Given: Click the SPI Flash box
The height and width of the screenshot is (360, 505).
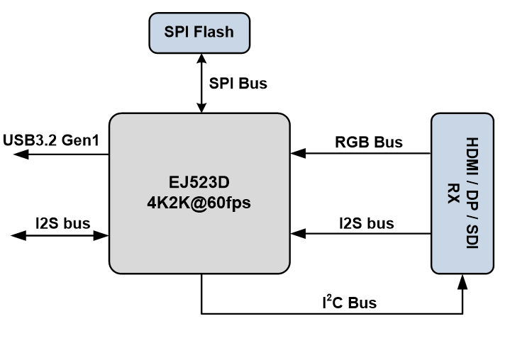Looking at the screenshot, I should click(x=199, y=31).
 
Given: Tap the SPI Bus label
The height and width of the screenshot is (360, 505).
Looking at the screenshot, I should click(x=238, y=84).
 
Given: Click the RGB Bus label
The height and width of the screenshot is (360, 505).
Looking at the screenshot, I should click(x=368, y=142).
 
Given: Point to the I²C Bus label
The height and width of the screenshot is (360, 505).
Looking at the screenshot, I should click(x=348, y=303).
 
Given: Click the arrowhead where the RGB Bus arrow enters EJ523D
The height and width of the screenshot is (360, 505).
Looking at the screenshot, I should click(x=295, y=153).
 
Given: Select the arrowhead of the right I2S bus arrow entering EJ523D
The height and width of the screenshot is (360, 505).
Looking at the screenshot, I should click(x=295, y=235).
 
